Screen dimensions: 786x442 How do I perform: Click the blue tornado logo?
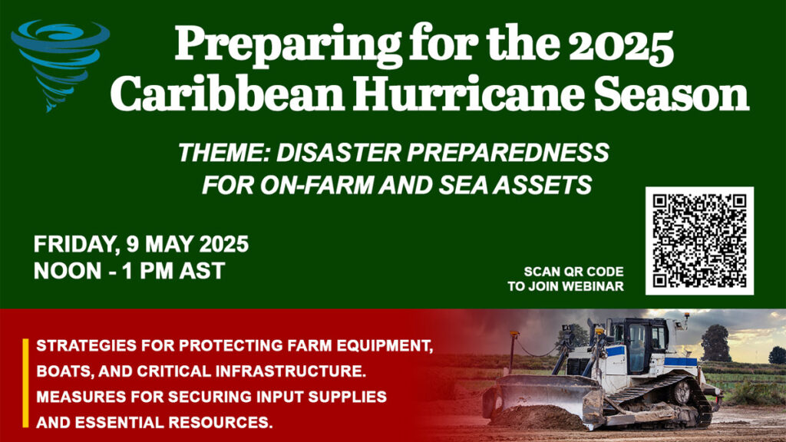click(59, 63)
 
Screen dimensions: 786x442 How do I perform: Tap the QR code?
click(699, 240)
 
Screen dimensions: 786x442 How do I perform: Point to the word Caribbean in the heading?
click(227, 94)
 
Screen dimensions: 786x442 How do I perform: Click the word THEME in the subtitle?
click(224, 153)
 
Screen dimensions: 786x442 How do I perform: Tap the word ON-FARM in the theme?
click(316, 185)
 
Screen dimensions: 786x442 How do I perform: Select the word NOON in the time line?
click(68, 271)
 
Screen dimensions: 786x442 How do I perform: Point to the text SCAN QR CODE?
click(573, 272)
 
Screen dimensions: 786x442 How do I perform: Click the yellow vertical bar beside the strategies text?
click(25, 384)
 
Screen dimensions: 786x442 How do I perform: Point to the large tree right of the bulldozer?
click(715, 343)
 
